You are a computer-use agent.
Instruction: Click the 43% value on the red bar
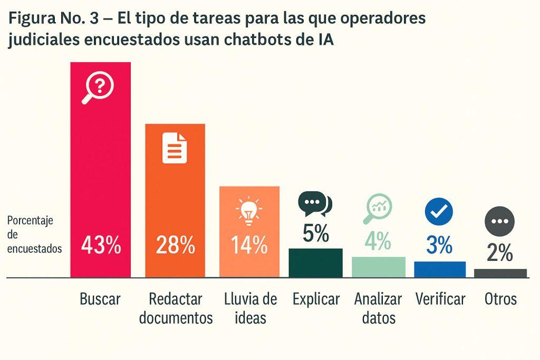pos(101,246)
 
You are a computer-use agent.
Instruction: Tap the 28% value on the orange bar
pos(175,246)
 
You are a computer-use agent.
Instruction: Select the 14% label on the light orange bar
pos(249,246)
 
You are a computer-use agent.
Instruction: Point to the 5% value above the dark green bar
pos(315,232)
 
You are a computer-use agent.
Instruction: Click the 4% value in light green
pos(378,241)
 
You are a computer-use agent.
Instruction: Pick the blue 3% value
pos(439,245)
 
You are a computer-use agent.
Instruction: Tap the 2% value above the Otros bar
pos(500,254)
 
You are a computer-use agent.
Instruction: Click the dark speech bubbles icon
pos(315,204)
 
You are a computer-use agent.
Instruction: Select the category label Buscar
pos(100,299)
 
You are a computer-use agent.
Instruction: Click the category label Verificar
pos(440,299)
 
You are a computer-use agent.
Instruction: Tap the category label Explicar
pos(316,299)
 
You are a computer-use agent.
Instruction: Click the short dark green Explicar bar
pos(315,262)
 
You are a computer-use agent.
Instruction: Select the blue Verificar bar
pos(440,269)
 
